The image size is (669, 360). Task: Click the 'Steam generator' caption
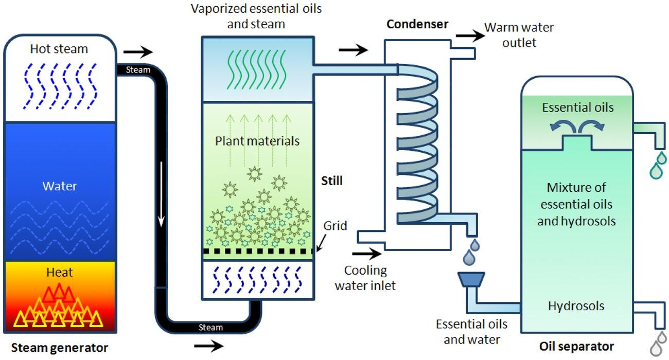[60, 347]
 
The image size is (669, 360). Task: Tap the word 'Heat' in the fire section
[60, 273]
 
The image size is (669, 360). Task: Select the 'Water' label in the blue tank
[60, 186]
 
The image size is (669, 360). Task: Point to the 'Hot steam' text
[59, 49]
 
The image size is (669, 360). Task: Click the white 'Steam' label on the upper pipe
[138, 70]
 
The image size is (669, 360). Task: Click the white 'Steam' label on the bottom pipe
[211, 327]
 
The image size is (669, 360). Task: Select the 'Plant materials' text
[257, 140]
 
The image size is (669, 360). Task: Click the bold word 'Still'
[332, 181]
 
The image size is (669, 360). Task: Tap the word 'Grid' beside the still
[335, 226]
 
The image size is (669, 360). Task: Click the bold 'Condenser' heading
[417, 24]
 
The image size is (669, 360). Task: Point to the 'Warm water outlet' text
[519, 34]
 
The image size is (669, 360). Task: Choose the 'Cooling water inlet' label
[365, 277]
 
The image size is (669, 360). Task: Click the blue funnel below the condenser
[471, 280]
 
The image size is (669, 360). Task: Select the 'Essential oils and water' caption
[471, 332]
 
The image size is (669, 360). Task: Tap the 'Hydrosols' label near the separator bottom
[576, 306]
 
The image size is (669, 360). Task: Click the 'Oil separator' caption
[576, 346]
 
